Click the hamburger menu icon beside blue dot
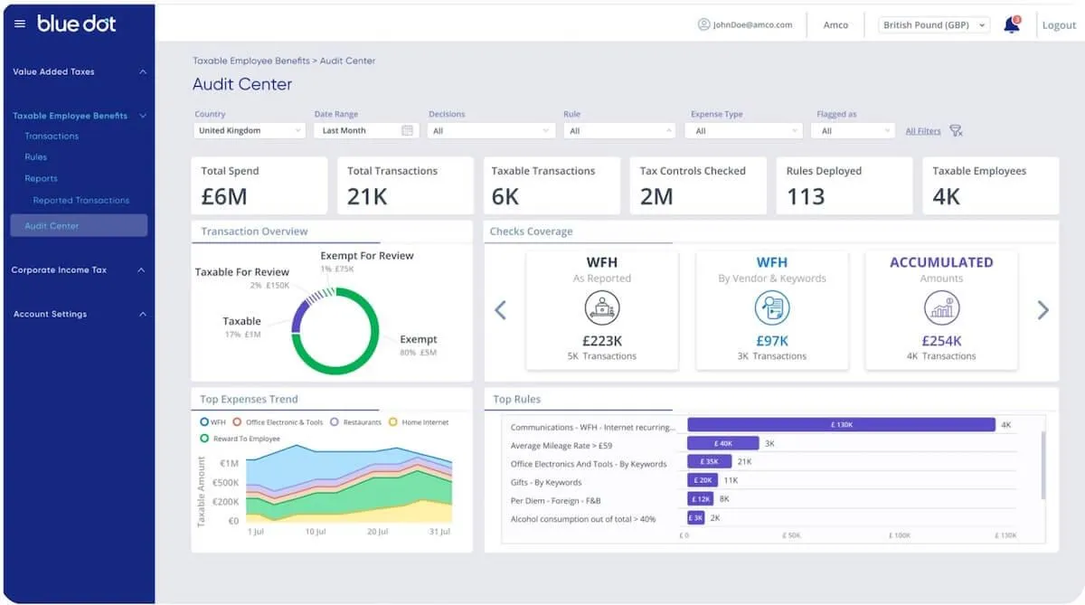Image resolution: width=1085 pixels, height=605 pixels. (20, 24)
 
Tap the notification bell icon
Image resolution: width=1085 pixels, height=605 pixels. (1012, 24)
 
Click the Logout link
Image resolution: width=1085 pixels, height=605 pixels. (1059, 25)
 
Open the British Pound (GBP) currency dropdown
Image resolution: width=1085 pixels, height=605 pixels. (934, 25)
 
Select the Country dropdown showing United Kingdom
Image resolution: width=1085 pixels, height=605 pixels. (250, 131)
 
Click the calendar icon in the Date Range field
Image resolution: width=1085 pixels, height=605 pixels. (408, 130)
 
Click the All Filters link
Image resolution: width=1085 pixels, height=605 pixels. (923, 131)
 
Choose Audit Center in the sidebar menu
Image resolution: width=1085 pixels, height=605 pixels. (79, 226)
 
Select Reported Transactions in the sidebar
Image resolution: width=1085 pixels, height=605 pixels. (80, 200)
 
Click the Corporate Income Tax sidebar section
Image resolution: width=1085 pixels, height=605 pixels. (59, 269)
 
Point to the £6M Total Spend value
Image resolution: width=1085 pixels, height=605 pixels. (224, 196)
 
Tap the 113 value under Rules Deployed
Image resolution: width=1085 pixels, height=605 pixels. (805, 196)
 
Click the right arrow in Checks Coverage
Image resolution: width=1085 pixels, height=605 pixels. (1043, 310)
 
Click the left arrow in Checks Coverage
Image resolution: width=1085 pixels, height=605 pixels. (500, 310)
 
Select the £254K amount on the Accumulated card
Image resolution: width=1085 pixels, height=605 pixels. (941, 341)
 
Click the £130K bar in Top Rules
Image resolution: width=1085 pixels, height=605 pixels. (842, 425)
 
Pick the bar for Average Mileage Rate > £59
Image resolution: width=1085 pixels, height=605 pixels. (722, 443)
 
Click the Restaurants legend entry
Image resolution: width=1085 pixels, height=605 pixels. (355, 422)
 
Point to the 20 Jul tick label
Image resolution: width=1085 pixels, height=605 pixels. (377, 532)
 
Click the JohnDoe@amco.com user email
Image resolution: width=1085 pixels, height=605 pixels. (752, 24)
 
